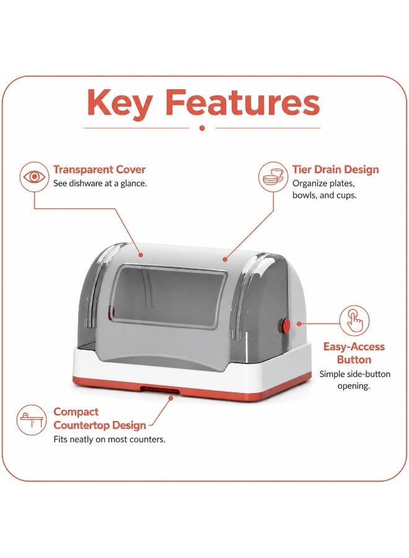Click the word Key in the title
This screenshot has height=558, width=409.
point(120,102)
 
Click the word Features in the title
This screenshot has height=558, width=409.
point(243,102)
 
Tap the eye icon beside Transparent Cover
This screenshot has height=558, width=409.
point(34,177)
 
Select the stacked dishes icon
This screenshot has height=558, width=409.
point(273,177)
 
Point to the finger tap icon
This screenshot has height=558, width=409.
point(354,321)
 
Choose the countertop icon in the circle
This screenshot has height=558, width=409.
point(32,420)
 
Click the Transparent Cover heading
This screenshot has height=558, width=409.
point(100,169)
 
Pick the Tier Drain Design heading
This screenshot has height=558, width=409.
point(336,169)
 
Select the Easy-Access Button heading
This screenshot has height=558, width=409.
point(354,353)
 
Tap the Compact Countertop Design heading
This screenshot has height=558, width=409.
point(100,418)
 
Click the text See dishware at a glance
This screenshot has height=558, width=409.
point(100,184)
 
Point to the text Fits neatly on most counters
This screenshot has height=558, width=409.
point(110,440)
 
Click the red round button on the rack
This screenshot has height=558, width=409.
point(285,325)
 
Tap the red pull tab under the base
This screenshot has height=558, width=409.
point(159,389)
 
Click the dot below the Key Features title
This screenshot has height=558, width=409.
point(202,128)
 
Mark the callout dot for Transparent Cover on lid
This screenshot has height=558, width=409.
point(141,255)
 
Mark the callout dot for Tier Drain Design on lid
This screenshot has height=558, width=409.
point(225,259)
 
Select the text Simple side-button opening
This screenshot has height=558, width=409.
point(354,379)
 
